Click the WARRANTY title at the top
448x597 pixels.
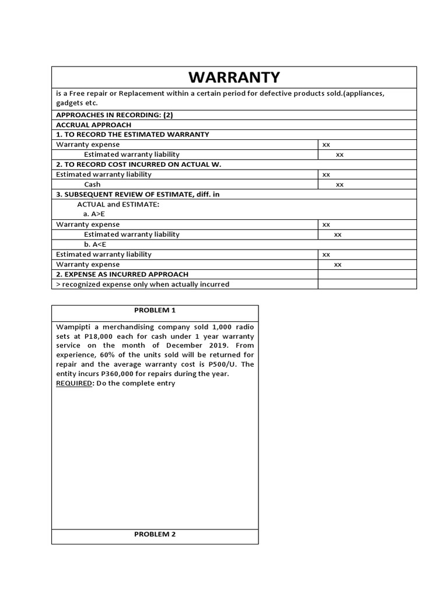coord(233,78)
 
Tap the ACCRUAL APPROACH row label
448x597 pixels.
coord(93,125)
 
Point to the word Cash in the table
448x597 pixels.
coord(92,184)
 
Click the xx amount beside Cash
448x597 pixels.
coord(339,184)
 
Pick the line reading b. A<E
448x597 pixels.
coord(94,244)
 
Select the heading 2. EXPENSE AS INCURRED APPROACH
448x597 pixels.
coord(122,274)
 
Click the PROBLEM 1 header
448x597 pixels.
coord(155,310)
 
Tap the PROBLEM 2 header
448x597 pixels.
coord(155,534)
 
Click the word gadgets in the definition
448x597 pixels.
coord(69,103)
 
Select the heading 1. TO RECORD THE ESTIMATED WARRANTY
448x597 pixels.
coord(132,135)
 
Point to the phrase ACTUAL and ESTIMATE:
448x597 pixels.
coord(118,204)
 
